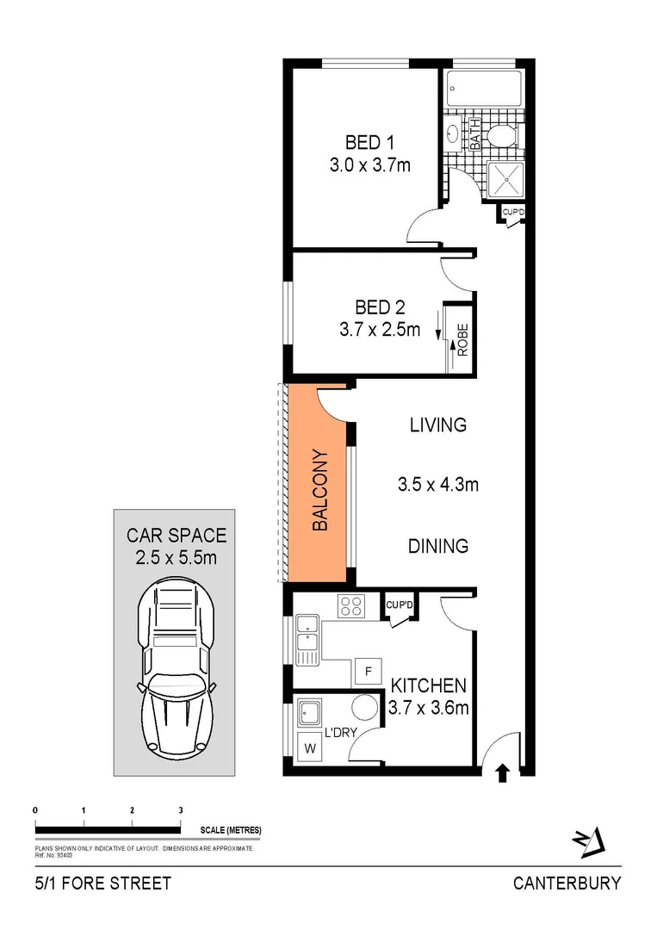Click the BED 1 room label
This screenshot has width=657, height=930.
point(368,142)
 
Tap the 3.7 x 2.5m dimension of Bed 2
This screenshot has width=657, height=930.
point(380,328)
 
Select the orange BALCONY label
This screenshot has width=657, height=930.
point(319,489)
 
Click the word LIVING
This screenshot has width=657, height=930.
point(437,425)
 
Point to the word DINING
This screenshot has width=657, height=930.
point(437,546)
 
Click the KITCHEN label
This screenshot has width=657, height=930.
point(429,686)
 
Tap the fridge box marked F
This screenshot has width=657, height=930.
point(369,671)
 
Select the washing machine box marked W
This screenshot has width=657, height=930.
point(308,747)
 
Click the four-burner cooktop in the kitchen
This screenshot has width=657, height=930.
point(351,606)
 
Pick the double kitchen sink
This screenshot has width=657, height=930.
point(307,639)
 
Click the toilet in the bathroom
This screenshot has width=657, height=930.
point(499,137)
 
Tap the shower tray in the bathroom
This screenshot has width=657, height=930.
point(500,178)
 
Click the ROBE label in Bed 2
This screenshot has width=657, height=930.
point(462,339)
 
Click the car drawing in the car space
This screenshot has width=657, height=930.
point(175,663)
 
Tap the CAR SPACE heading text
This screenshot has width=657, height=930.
point(177,536)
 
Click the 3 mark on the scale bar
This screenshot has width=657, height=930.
point(180,810)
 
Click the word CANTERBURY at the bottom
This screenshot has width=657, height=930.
point(567,883)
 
